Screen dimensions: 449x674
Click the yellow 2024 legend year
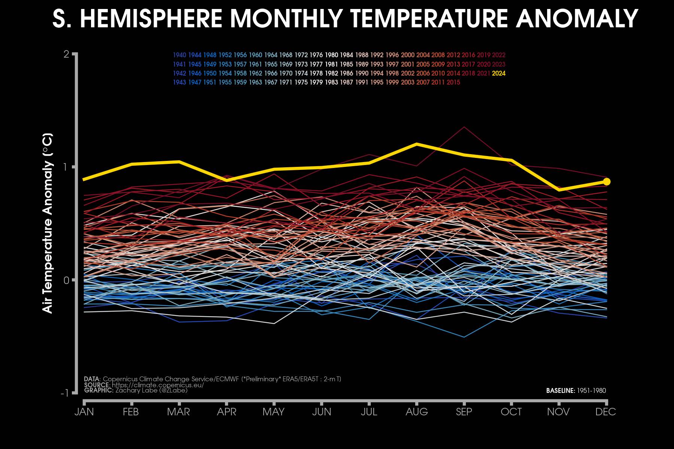pos(498,73)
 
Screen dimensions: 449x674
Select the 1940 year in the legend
pos(179,55)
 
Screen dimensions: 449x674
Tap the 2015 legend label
pos(453,82)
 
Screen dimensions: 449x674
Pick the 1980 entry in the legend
pos(331,55)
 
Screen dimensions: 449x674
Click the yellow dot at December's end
pos(607,181)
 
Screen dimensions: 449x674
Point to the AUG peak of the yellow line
pos(417,144)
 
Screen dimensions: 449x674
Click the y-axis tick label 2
pos(67,54)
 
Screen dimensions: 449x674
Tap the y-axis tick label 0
pos(67,280)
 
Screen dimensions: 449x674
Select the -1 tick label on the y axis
pos(65,393)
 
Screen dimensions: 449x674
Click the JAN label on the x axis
pos(84,412)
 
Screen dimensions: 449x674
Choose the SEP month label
pos(464,412)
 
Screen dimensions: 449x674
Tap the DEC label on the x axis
pos(605,412)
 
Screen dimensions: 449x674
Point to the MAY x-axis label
pos(273,412)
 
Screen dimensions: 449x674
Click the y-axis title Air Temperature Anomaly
pos(48,223)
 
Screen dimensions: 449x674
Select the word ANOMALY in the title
pos(577,18)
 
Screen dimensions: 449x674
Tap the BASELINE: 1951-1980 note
pos(576,391)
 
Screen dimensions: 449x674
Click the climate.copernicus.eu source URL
pos(158,385)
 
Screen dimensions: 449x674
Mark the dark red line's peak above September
pos(464,127)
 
